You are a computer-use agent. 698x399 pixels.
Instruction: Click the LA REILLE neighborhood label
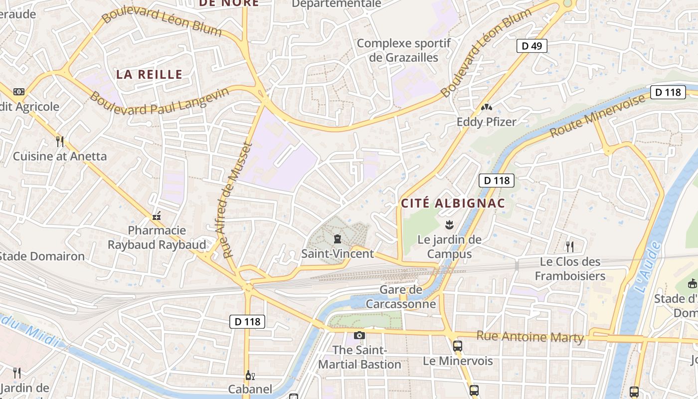[x=149, y=75]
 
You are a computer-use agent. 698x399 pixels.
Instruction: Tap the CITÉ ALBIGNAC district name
[x=453, y=203]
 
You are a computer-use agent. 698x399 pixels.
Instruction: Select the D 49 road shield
[x=531, y=46]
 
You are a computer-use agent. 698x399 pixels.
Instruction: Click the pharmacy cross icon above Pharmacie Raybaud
[x=157, y=216]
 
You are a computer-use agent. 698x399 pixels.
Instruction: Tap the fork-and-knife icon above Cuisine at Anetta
[x=60, y=142]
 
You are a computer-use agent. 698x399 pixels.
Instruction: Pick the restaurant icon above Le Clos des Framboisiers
[x=570, y=246]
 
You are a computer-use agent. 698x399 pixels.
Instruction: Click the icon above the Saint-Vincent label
[x=338, y=239]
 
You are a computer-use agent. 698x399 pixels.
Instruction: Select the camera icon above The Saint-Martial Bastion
[x=359, y=335]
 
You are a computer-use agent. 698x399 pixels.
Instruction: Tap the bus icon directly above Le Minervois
[x=457, y=346]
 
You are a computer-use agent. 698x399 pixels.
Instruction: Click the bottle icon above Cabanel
[x=249, y=375]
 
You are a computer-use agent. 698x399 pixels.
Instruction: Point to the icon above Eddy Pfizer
[x=486, y=107]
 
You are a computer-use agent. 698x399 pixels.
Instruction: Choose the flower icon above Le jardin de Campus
[x=449, y=224]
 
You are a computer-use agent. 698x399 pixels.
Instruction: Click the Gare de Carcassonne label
[x=401, y=297]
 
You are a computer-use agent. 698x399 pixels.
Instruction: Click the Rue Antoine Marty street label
[x=529, y=337]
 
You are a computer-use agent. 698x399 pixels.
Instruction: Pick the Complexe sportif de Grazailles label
[x=403, y=50]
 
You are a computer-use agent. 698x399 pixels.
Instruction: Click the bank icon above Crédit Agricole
[x=19, y=92]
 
